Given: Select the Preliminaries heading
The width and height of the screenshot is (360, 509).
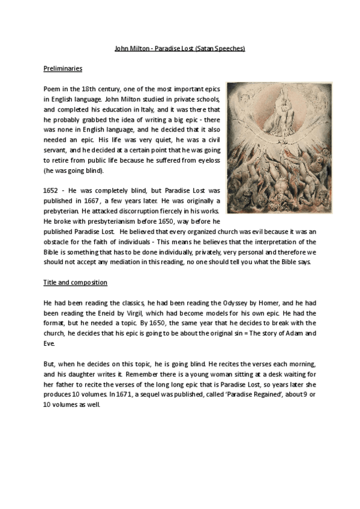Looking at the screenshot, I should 63,68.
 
